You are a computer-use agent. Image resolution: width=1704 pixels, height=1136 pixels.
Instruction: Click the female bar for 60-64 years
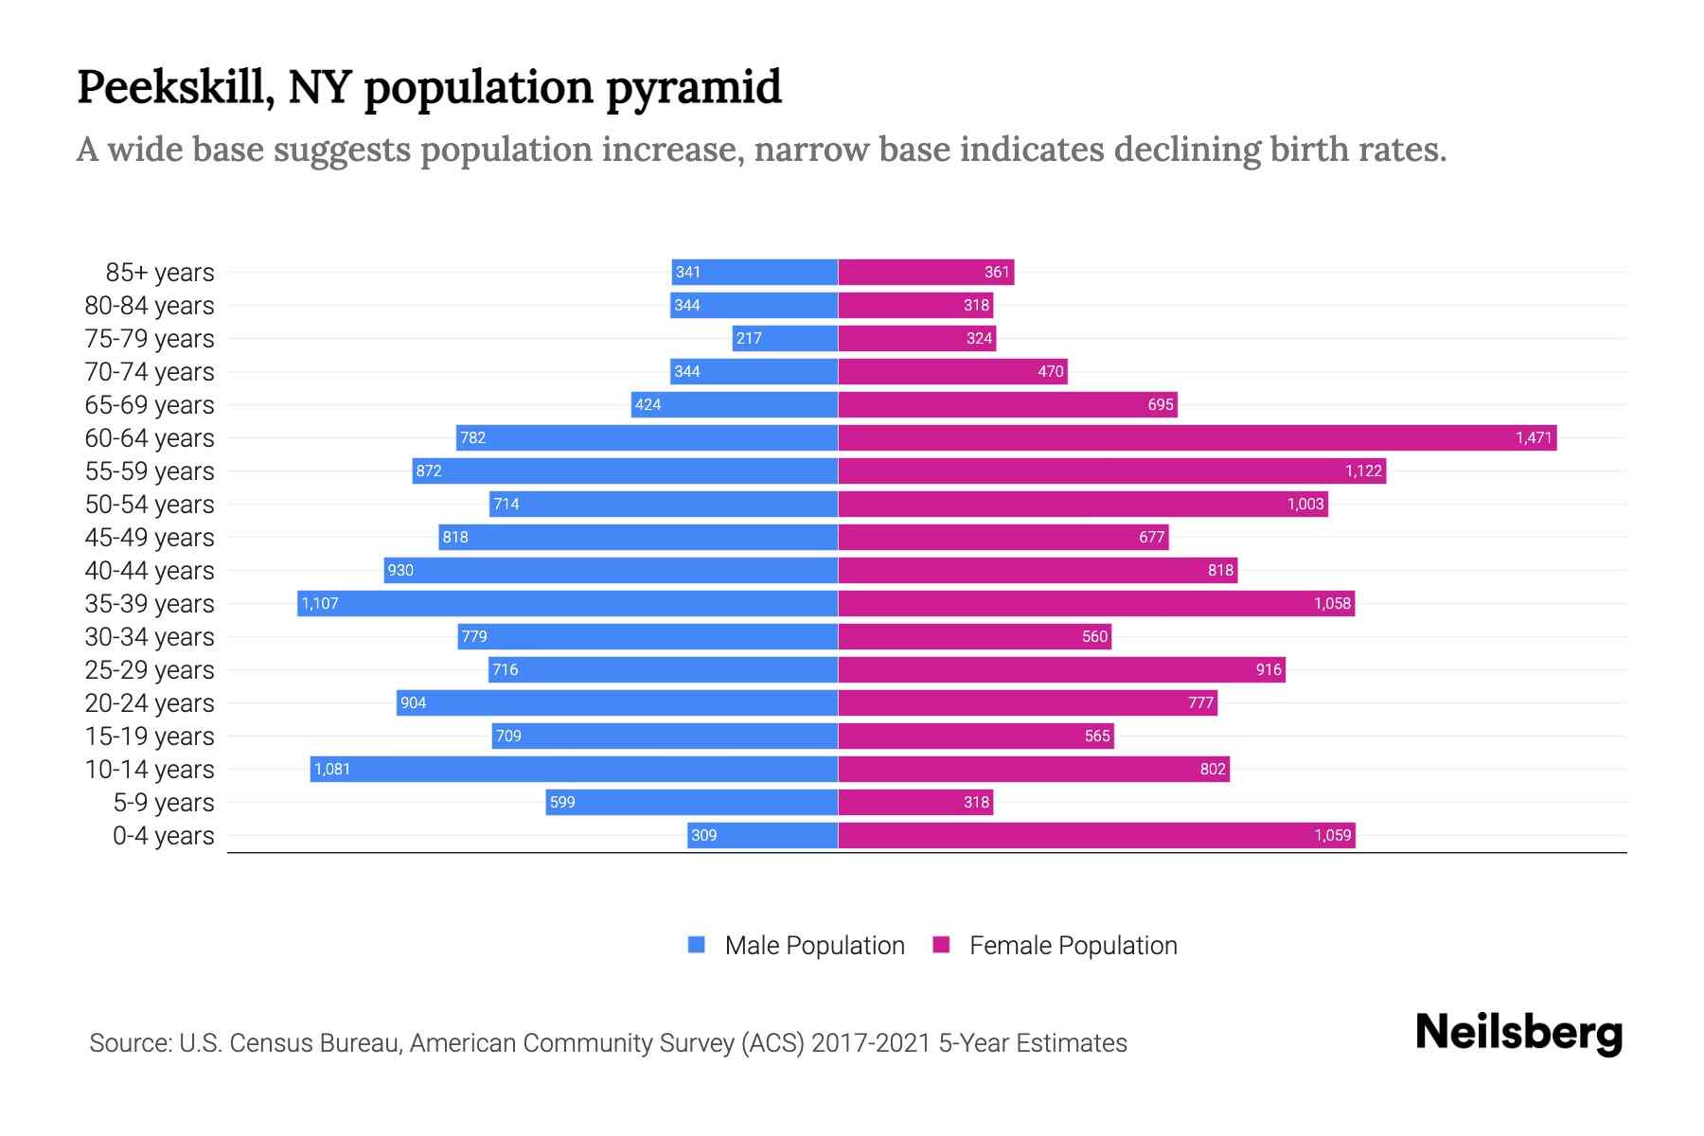[x=1197, y=437]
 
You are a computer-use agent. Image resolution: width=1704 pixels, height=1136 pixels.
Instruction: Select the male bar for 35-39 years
[x=568, y=603]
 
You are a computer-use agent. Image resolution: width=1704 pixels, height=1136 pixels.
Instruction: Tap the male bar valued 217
[x=785, y=338]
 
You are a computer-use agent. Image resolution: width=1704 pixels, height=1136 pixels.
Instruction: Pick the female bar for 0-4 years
[x=1096, y=835]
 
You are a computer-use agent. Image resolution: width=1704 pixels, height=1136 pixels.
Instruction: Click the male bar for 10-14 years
[x=574, y=769]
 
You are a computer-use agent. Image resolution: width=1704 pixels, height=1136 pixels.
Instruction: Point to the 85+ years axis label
[x=160, y=273]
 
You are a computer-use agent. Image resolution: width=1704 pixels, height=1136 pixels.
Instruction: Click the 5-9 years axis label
[x=164, y=803]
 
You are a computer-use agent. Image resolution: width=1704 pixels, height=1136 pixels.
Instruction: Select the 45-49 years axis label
[x=150, y=538]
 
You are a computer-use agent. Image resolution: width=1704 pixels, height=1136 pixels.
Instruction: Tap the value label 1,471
[x=1534, y=437]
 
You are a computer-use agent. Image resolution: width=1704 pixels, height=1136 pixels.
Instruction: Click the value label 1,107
[x=320, y=603]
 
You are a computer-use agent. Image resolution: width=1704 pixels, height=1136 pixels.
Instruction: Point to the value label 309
[x=703, y=835]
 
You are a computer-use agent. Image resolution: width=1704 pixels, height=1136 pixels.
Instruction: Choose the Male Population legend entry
[x=814, y=945]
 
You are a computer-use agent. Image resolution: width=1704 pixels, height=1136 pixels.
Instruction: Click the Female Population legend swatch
[x=941, y=945]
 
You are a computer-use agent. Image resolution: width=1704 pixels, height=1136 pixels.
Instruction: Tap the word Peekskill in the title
[x=175, y=87]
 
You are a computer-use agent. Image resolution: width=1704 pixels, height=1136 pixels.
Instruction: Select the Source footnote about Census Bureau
[x=608, y=1042]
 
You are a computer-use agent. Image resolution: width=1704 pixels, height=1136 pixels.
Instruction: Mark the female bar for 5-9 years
[x=915, y=802]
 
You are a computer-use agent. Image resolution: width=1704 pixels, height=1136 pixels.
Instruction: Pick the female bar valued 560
[x=974, y=636]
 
